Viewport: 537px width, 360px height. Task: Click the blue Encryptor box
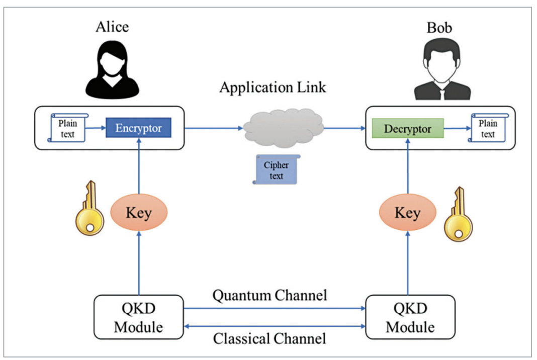click(138, 128)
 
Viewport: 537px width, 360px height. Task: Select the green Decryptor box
click(407, 129)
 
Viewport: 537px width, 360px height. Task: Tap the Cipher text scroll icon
click(276, 169)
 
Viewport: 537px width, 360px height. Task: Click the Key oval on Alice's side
click(138, 213)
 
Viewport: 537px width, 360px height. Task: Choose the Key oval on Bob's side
click(407, 213)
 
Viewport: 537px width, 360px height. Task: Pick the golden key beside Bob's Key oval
click(459, 215)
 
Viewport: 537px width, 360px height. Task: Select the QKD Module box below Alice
click(139, 317)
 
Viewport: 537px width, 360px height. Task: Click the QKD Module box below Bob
click(410, 317)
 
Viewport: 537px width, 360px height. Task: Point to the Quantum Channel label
click(270, 295)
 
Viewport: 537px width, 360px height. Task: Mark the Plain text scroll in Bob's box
click(487, 128)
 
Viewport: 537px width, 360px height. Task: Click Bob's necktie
click(441, 93)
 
